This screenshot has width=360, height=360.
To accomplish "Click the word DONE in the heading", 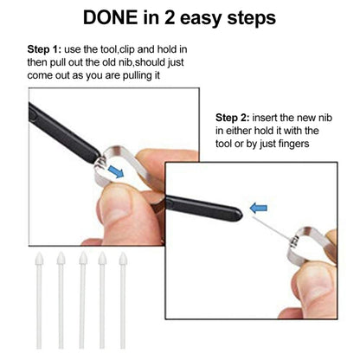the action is [110, 18].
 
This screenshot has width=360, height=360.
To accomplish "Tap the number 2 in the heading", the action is [170, 18].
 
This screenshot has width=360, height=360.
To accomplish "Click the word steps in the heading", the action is [251, 19].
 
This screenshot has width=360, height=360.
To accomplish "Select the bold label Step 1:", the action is [44, 49].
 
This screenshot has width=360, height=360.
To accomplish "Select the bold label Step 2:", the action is [233, 118].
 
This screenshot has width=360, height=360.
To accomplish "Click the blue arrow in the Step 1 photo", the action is [116, 171].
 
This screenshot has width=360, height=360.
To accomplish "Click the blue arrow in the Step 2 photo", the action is [258, 208].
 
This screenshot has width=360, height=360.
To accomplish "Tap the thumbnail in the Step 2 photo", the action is [312, 285].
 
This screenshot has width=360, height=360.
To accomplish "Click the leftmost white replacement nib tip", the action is [39, 259].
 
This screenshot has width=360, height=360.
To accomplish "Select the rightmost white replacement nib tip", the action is [123, 259].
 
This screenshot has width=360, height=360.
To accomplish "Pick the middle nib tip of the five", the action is [83, 259].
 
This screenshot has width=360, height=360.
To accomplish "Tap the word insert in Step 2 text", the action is [265, 118].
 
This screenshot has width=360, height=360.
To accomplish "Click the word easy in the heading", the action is [201, 19].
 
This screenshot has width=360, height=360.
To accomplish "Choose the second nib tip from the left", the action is [61, 259].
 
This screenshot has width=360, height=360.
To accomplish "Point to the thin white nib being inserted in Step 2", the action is [271, 228].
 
